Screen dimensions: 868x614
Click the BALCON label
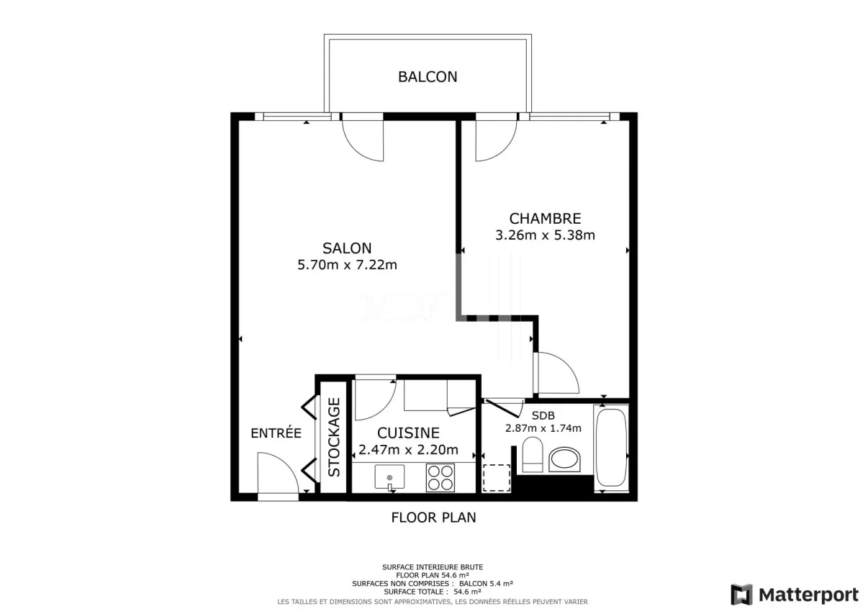coord(428,77)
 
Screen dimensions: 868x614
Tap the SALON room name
coord(347,248)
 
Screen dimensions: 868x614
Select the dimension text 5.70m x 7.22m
coord(347,265)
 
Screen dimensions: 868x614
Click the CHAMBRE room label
coord(545,219)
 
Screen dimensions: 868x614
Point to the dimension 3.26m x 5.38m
coord(545,235)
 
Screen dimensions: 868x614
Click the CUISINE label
coord(408,433)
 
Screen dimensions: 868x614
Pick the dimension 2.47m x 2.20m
coord(408,450)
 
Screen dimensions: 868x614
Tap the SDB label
coord(543,415)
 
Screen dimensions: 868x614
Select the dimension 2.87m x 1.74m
coord(543,428)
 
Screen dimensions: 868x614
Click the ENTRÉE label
coord(276,433)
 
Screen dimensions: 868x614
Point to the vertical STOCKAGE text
coord(334,437)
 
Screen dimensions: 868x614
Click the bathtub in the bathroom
coord(611,448)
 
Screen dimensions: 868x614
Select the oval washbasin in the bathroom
coord(564,460)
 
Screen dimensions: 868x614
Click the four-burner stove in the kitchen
coord(440,478)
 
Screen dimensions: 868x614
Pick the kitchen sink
coord(389,477)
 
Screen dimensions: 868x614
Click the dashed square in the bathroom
coord(497,478)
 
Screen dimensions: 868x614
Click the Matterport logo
coord(795,595)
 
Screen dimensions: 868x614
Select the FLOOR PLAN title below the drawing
coord(433,518)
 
